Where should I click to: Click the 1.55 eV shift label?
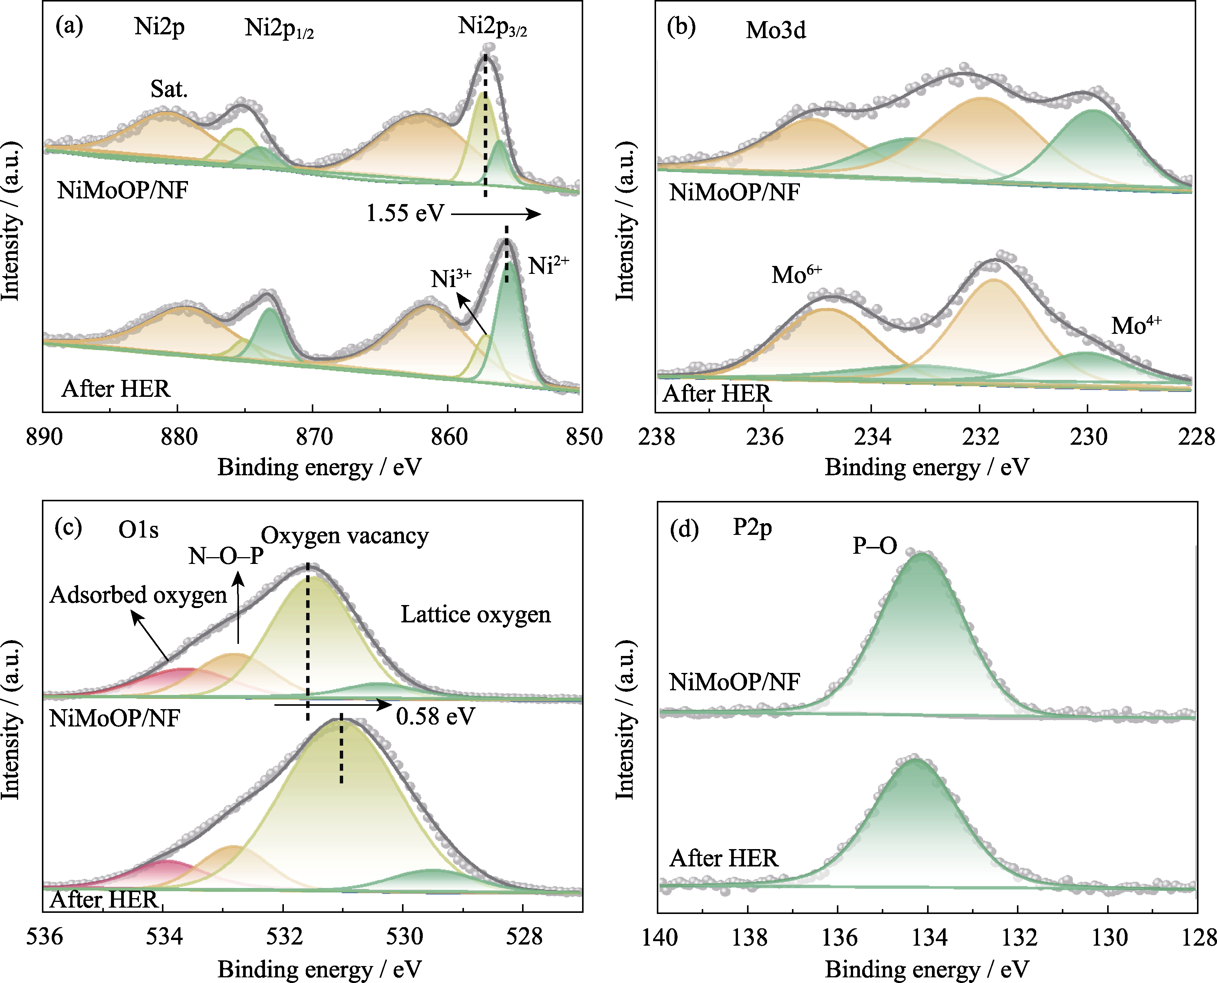(405, 213)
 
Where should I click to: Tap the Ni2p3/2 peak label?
(492, 27)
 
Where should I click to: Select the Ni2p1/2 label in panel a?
(279, 28)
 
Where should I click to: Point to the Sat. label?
(169, 89)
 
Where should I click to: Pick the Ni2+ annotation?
(548, 265)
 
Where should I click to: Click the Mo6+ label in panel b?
(796, 275)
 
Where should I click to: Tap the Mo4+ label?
(1136, 325)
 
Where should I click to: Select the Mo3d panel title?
(775, 31)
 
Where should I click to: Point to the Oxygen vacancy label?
(345, 536)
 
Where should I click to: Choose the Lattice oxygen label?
(475, 614)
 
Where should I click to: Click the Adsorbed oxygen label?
(138, 594)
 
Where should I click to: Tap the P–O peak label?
(875, 546)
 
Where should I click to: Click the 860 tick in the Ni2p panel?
(448, 437)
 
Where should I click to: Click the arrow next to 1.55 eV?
(496, 214)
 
